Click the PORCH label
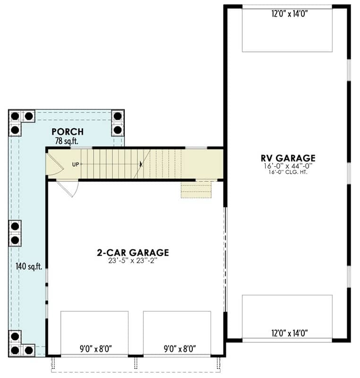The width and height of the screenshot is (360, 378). pos(68,132)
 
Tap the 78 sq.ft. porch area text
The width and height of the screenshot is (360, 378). pos(67,141)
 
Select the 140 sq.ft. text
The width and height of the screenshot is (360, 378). pos(29,266)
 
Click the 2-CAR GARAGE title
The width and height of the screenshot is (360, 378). pos(133,252)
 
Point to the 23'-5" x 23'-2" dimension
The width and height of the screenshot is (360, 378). pos(133,261)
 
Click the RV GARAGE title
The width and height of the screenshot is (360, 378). pos(288,158)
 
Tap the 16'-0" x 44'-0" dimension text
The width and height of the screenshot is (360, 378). pos(288,166)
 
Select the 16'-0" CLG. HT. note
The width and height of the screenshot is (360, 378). pos(288,172)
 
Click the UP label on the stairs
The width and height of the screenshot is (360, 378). pos(76,164)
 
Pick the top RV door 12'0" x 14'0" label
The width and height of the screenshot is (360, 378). pos(290,14)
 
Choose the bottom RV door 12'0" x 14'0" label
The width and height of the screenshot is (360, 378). pos(290,333)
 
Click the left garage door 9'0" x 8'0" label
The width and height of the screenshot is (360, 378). pos(95,349)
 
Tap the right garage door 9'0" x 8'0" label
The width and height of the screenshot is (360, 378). pos(180,349)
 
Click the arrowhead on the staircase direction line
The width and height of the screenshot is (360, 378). pos(141,164)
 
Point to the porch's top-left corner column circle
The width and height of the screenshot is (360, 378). pos(15,116)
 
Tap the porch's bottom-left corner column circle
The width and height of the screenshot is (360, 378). pos(15,350)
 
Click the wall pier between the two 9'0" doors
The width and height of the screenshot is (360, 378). pos(136,356)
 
